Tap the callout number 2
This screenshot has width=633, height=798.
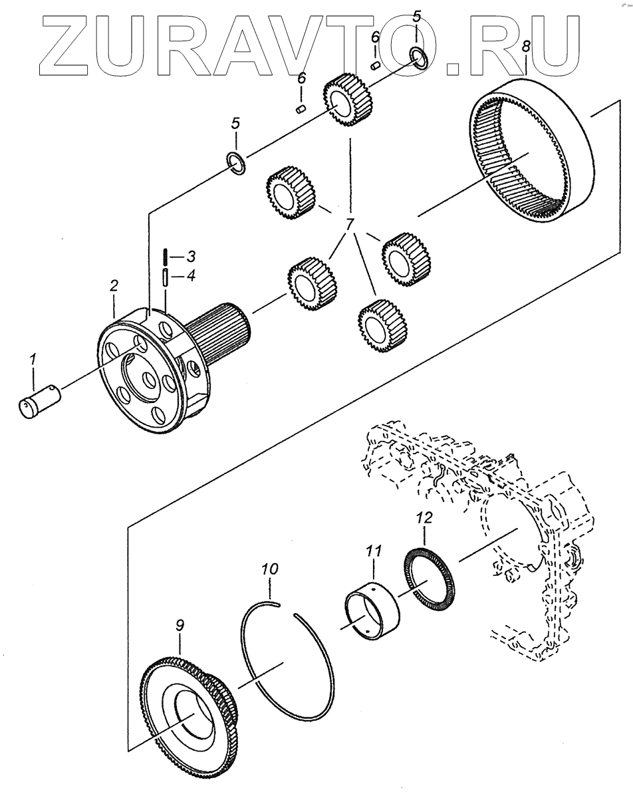pos(114,287)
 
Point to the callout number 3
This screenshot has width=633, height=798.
pos(190,255)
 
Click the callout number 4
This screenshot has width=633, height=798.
pos(190,275)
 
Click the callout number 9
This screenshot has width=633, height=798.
pos(180,626)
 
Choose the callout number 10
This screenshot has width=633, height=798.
pos(270,569)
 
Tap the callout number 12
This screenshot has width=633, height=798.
pos(424,516)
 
